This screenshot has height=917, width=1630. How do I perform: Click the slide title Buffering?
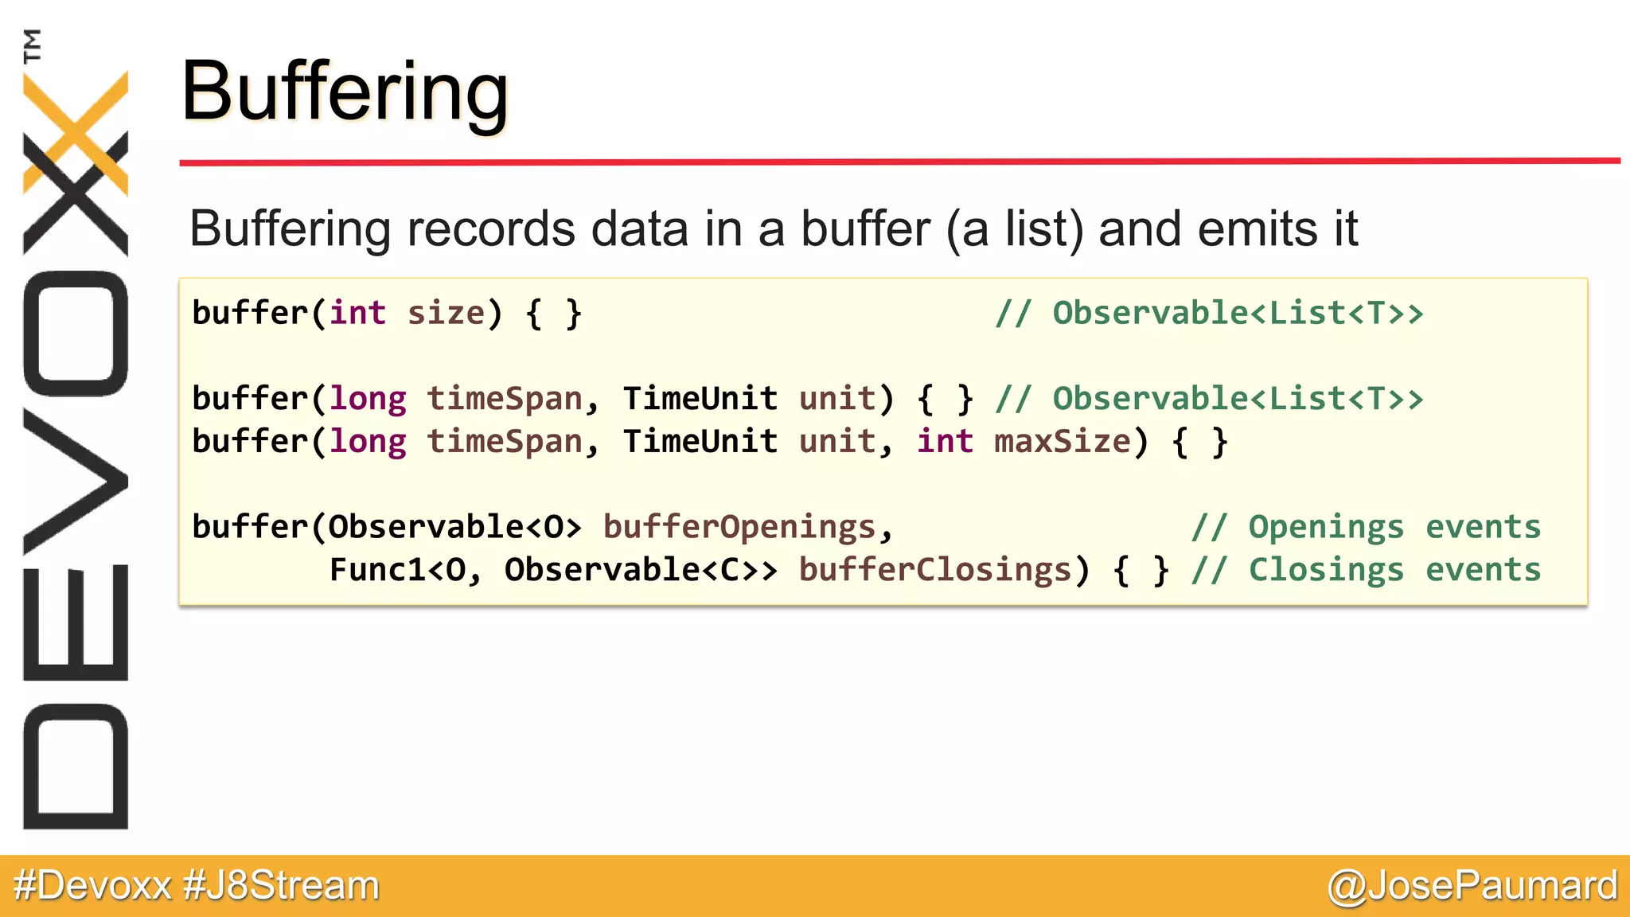click(x=345, y=92)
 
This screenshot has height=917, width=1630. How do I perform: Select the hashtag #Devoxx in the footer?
click(x=93, y=885)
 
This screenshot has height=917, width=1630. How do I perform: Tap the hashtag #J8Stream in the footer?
click(x=281, y=885)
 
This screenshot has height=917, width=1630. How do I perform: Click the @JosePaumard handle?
click(x=1472, y=885)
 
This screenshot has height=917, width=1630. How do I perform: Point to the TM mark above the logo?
click(x=32, y=45)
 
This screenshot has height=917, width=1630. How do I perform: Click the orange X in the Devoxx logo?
click(x=76, y=131)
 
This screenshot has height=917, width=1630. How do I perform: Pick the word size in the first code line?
click(x=446, y=313)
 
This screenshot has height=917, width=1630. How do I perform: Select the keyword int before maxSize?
click(x=945, y=441)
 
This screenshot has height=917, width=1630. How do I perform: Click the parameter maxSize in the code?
click(x=1062, y=441)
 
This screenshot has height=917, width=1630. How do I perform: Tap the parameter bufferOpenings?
click(x=739, y=527)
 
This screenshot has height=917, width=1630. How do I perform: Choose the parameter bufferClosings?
click(x=935, y=570)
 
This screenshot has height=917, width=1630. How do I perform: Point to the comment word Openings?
click(x=1326, y=527)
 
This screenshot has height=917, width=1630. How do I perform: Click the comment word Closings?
click(x=1326, y=570)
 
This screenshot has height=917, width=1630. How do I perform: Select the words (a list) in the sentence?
click(x=1014, y=229)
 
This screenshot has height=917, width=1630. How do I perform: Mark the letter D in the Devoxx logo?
click(x=76, y=766)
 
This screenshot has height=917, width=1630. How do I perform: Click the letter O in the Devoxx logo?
click(x=76, y=334)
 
